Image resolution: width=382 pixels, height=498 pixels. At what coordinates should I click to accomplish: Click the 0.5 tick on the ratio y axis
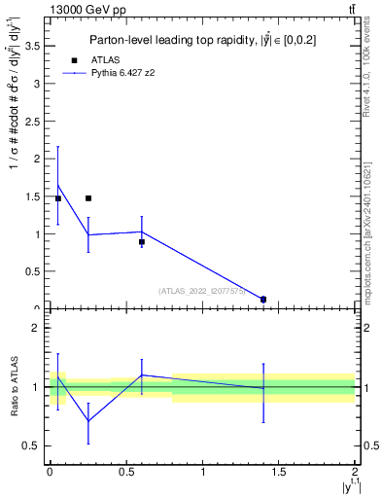click(x=34, y=445)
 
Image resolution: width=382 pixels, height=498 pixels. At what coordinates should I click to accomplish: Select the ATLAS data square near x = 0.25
click(x=88, y=198)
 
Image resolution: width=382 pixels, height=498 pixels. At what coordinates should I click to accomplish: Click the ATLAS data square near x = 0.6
click(x=142, y=241)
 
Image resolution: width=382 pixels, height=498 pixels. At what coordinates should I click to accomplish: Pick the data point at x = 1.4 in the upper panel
click(x=263, y=300)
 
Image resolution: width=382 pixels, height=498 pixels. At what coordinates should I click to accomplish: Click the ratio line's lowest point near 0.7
click(x=88, y=421)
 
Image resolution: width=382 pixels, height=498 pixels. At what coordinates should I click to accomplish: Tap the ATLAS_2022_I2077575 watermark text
click(x=202, y=290)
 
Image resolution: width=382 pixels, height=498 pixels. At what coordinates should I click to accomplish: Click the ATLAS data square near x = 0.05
click(x=58, y=198)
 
